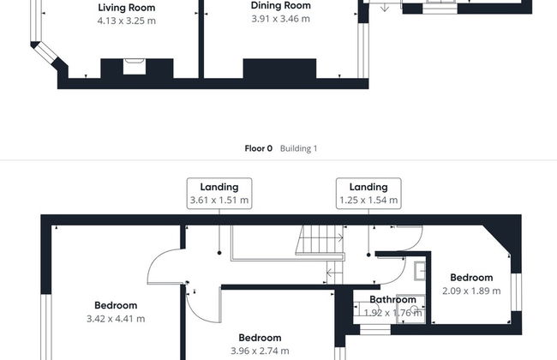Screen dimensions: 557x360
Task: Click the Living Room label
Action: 127,8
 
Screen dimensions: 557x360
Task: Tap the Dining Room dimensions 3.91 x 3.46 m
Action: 280,19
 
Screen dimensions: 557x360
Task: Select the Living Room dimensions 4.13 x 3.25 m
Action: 127,21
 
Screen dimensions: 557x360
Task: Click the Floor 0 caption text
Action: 258,148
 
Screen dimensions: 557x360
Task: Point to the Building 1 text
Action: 298,148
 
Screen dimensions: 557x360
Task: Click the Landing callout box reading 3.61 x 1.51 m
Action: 219,194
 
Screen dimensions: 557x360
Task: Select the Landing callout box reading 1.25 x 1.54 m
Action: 368,194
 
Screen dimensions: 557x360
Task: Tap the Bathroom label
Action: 392,300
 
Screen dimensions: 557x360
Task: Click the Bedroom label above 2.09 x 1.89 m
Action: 471,278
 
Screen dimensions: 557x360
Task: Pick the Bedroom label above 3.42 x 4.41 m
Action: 116,305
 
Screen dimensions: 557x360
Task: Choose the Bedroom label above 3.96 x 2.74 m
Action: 260,338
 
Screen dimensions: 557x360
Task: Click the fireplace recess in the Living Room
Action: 135,67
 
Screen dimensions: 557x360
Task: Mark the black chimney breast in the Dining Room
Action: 279,69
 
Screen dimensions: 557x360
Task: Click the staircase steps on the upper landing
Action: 319,240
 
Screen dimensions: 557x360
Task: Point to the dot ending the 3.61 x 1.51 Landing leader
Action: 219,253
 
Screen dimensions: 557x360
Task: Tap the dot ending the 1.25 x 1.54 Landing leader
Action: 368,255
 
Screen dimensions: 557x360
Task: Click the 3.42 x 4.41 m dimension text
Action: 116,319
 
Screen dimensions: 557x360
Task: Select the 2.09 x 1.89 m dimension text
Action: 471,291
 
